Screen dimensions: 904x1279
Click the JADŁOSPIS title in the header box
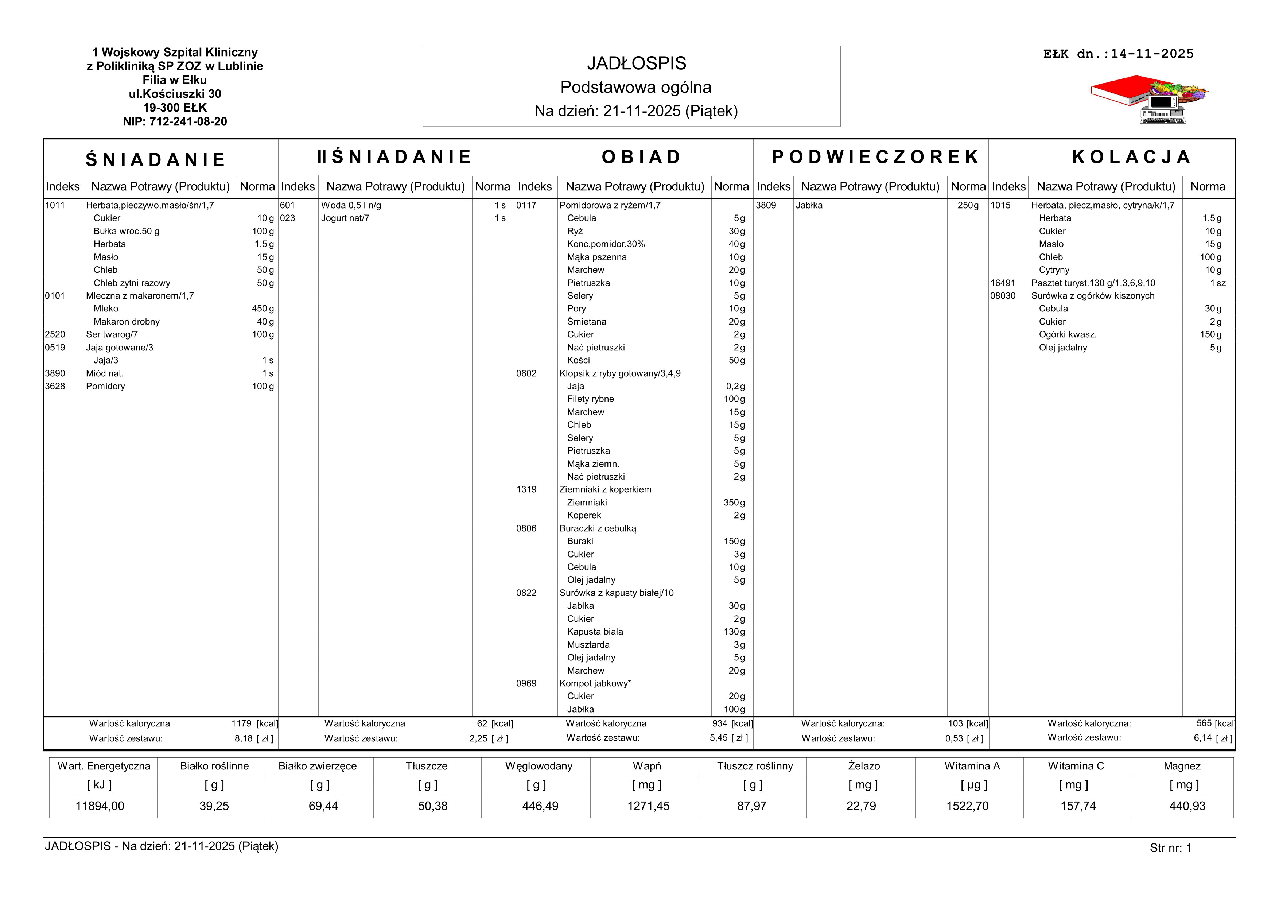point(636,63)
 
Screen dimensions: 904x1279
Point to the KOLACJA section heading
point(1131,157)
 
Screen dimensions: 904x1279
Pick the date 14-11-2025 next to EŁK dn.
point(1152,54)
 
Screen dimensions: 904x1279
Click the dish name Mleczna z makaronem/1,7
point(140,296)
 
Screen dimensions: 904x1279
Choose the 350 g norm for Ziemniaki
point(734,503)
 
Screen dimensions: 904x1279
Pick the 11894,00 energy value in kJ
point(100,806)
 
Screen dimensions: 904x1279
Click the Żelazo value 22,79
point(861,806)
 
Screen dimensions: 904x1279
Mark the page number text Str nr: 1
point(1170,848)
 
